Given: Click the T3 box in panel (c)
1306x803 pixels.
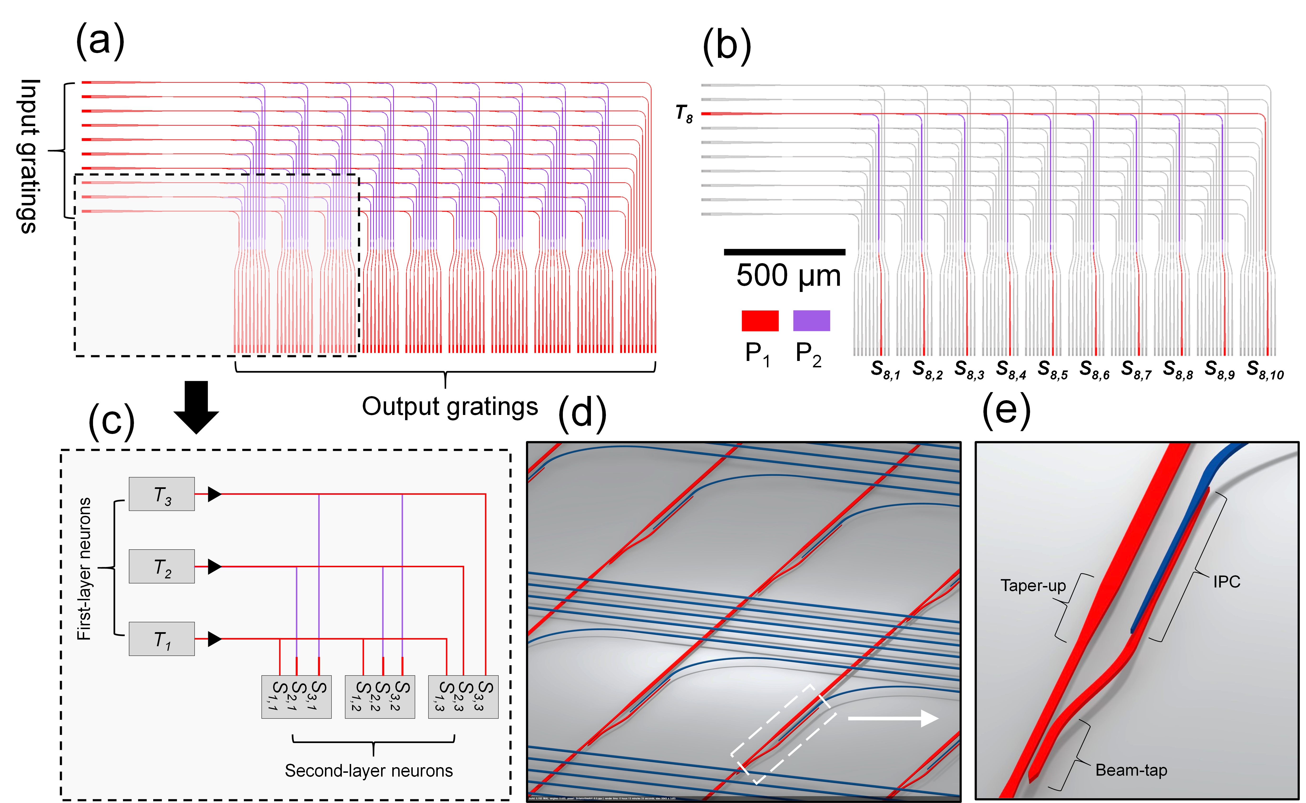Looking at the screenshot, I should click(161, 494).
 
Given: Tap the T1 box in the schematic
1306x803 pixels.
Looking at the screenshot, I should click(161, 639).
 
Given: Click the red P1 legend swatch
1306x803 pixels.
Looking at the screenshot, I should click(760, 321).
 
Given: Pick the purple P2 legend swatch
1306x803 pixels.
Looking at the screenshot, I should click(811, 321).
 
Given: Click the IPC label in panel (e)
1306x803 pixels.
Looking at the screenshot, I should click(1226, 582).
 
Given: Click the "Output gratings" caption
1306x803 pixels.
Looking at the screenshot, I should click(450, 407).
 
